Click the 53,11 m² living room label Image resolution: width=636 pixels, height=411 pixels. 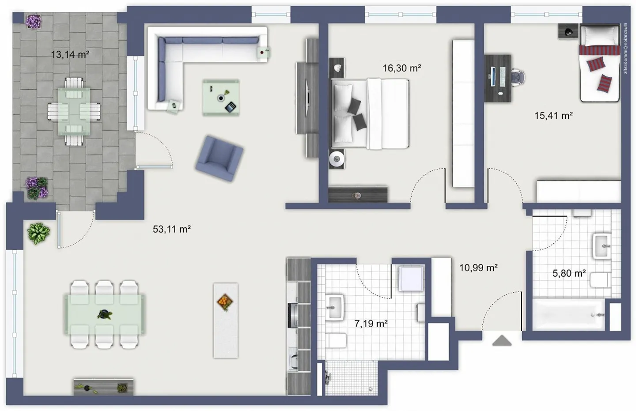click(171, 229)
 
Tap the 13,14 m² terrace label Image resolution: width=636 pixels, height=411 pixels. click(70, 55)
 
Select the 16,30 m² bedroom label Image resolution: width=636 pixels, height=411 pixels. click(401, 68)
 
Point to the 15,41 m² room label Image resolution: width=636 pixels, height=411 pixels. click(553, 116)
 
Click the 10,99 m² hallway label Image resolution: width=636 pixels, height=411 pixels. click(478, 268)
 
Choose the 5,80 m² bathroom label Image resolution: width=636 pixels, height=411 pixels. click(569, 273)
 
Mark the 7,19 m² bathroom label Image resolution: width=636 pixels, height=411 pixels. click(371, 324)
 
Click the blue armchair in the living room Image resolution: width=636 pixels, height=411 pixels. click(219, 158)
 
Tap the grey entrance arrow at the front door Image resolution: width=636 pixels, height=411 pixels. click(502, 340)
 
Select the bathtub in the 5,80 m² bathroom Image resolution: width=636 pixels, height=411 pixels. click(568, 315)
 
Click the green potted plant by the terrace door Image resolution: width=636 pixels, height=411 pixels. click(39, 233)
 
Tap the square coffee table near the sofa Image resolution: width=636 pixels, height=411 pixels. click(221, 98)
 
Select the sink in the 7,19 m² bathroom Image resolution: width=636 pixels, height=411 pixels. click(335, 307)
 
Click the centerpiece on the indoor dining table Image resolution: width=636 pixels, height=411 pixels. click(105, 315)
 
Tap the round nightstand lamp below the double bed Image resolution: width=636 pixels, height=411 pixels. click(337, 158)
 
